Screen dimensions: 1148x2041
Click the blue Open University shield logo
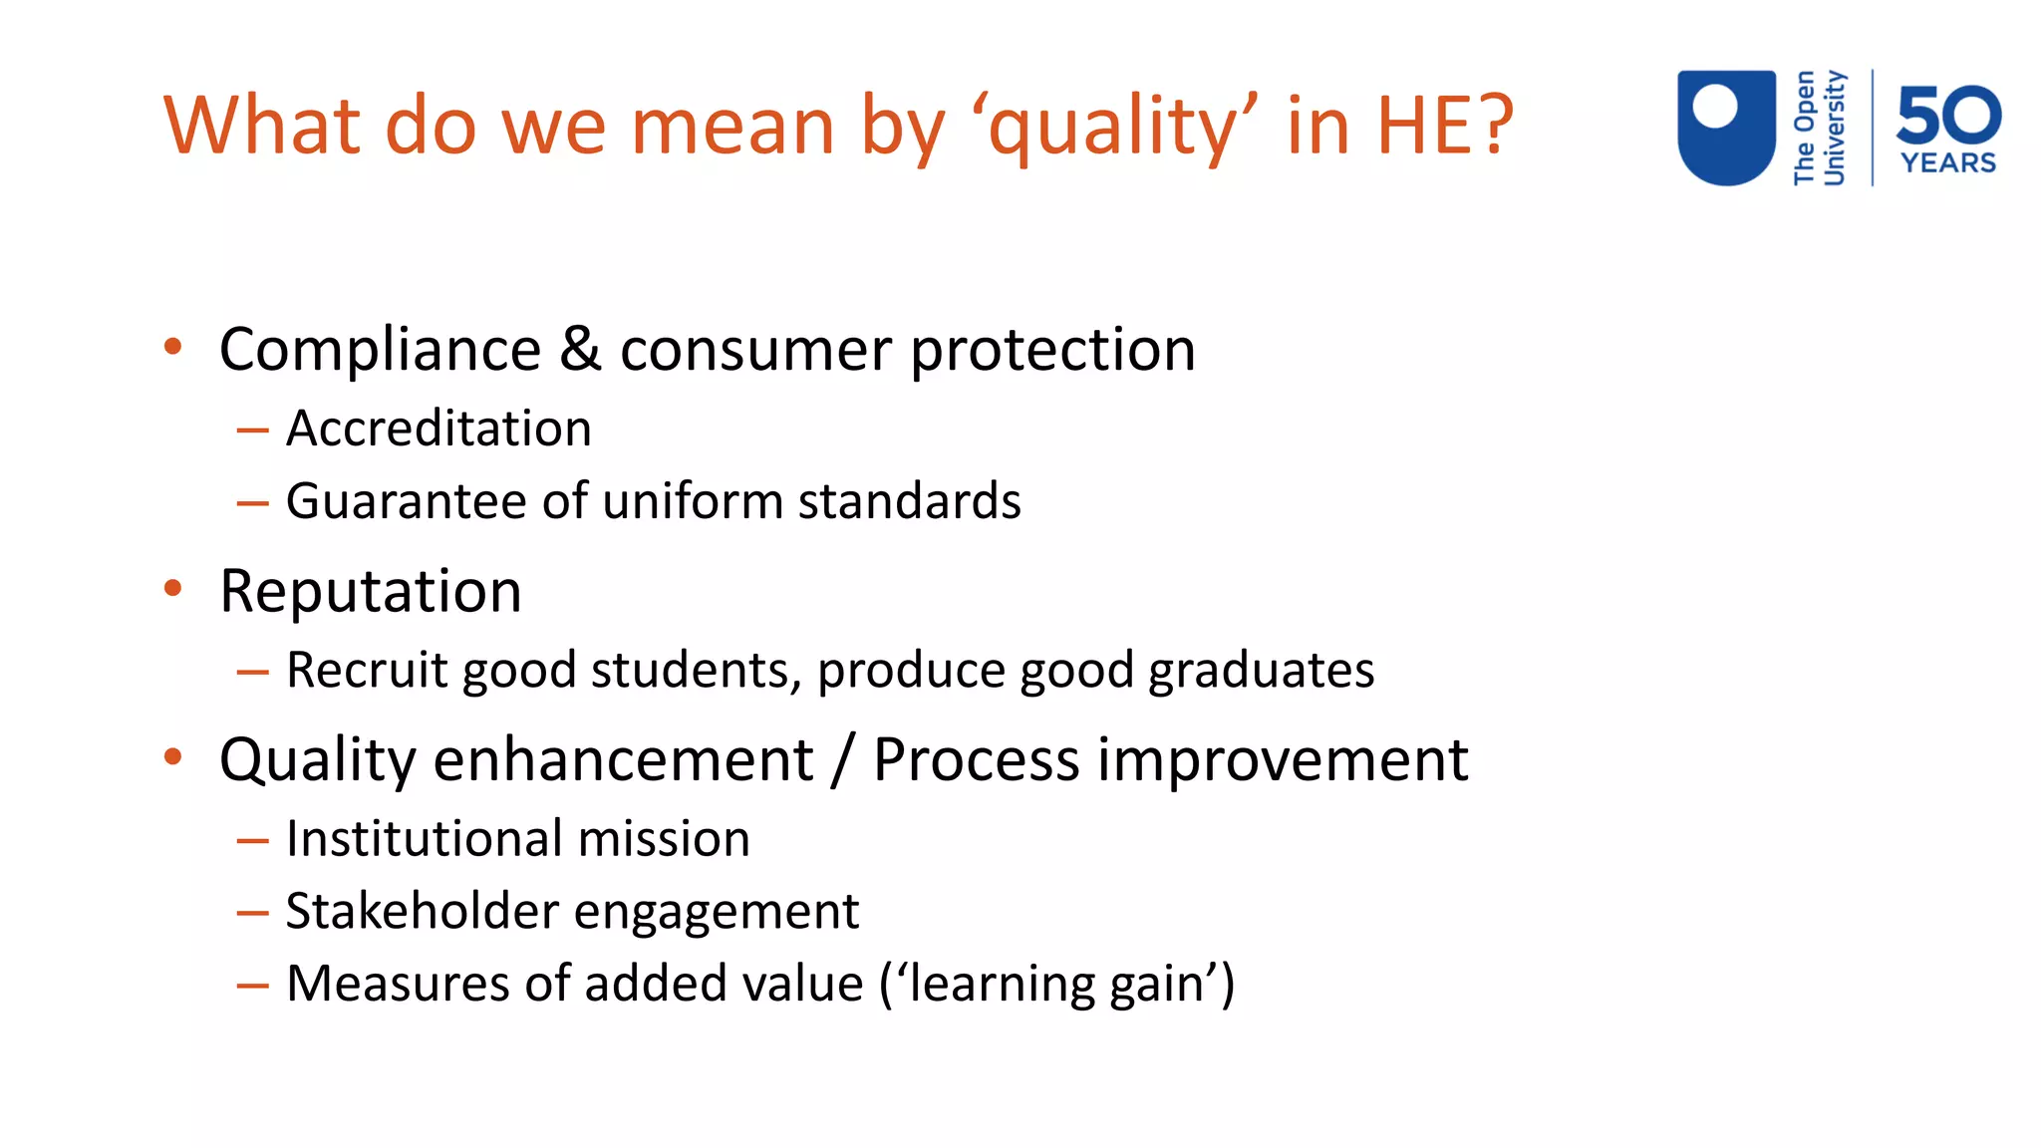(x=1726, y=127)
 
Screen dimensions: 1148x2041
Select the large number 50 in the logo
(x=1948, y=114)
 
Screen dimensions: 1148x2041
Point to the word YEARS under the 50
(x=1948, y=163)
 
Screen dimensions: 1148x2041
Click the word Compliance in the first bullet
(x=380, y=350)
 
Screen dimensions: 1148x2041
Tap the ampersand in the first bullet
(x=580, y=350)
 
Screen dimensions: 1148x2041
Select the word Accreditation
(x=438, y=429)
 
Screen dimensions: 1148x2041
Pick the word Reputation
(x=371, y=591)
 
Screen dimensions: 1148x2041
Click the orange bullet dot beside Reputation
(x=173, y=588)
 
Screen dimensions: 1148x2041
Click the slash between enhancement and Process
(x=843, y=760)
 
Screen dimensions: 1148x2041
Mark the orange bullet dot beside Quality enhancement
(x=173, y=757)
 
